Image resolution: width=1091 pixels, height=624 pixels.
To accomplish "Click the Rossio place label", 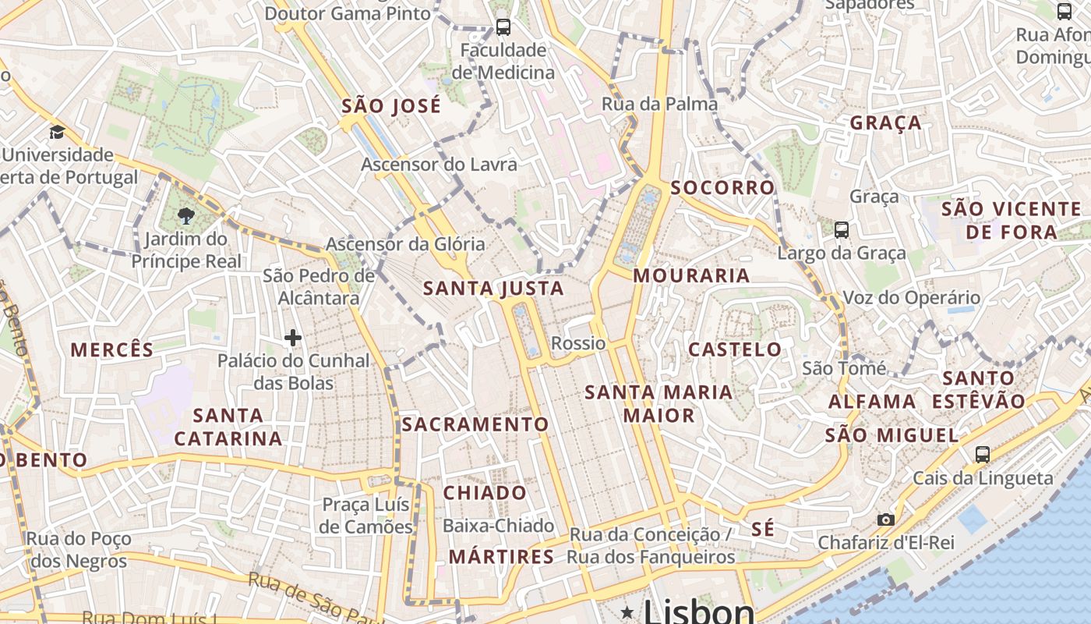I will coord(578,343).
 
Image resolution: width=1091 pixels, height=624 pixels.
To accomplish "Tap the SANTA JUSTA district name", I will coord(493,289).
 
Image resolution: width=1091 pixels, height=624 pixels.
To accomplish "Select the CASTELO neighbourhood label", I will coord(735,349).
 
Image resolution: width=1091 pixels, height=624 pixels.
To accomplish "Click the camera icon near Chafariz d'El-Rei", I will coord(885,519).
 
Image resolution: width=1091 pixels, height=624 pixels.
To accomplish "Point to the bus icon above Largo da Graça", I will coord(841,229).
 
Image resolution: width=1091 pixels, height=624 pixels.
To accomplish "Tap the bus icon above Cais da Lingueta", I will coord(983,454).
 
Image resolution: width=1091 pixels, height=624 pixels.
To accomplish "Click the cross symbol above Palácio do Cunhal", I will coord(293,338).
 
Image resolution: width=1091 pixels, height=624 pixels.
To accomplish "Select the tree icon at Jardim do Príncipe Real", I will coord(186,216).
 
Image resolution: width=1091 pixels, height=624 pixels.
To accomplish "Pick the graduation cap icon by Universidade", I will coord(57,132).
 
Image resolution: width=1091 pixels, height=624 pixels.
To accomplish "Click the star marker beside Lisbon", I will coord(627,612).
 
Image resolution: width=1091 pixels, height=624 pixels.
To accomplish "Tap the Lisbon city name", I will coord(699,611).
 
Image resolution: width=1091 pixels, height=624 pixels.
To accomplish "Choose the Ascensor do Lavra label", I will coord(439,165).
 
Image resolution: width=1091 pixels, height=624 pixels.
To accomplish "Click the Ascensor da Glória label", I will coord(405,244).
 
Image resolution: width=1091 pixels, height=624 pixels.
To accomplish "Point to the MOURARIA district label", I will coord(691,275).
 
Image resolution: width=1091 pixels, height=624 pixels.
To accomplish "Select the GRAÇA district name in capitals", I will coord(885,122).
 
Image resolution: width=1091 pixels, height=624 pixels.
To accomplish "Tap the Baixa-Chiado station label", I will coord(498,526).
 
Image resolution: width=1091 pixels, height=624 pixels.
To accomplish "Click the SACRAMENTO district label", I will coord(475,424).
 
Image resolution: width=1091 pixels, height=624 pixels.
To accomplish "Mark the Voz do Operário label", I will coord(912,297).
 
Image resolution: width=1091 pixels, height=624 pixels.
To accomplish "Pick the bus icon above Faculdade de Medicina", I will coord(503,27).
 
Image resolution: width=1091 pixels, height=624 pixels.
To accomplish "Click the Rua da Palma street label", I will coord(659,104).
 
